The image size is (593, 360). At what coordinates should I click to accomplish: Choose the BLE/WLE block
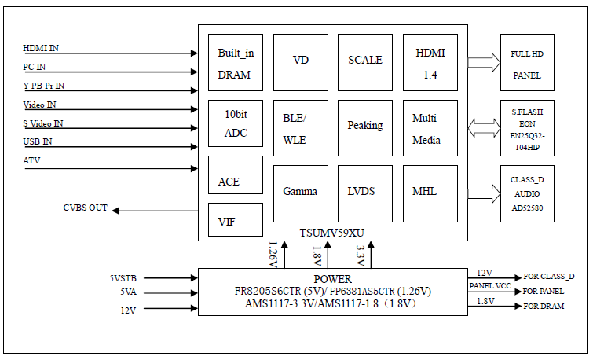coord(300,127)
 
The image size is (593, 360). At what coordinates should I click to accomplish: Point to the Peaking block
coord(365,127)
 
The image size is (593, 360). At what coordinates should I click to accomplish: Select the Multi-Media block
coord(430,127)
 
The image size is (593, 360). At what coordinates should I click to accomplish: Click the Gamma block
coord(300,192)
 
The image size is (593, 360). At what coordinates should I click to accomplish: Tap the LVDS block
coord(365,192)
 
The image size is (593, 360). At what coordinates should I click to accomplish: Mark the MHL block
coord(430,192)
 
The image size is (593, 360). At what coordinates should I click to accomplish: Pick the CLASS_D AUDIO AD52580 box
coord(527,193)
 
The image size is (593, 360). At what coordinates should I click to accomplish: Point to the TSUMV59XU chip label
coord(331,233)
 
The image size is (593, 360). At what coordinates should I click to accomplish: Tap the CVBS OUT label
coord(85,208)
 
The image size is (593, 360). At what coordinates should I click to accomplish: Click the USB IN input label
coord(38,141)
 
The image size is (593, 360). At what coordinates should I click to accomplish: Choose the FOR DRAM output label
coord(544,306)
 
